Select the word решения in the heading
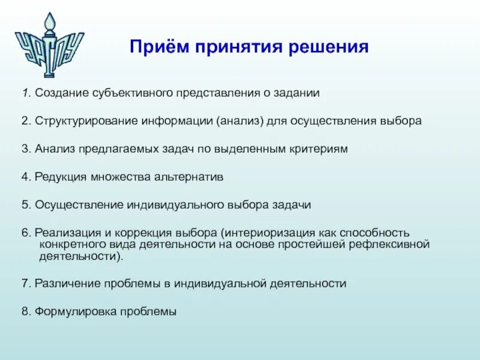328,47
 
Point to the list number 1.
26,92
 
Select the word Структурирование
86,121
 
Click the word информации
176,121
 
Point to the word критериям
317,149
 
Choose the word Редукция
61,177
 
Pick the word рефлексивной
389,244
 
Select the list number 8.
26,311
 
